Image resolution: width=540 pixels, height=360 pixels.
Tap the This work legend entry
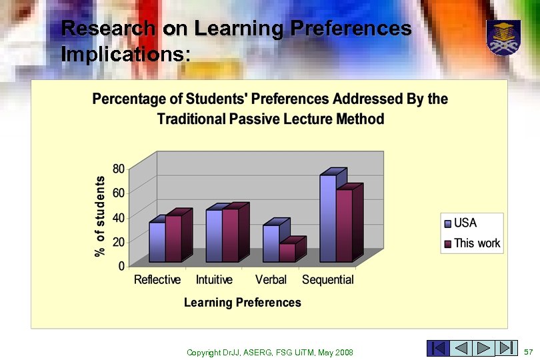pos(477,243)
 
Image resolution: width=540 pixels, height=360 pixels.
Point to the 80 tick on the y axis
pos(117,168)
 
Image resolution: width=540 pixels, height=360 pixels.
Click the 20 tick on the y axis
pos(117,241)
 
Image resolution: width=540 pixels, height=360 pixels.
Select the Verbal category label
pos(271,279)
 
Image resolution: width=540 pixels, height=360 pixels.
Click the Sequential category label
pos(328,279)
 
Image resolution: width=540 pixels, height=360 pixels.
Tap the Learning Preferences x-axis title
pos(242,303)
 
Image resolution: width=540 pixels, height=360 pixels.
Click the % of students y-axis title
pos(100,216)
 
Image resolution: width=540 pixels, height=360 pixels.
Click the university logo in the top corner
pos(503,37)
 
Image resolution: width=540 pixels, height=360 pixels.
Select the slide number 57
pos(529,351)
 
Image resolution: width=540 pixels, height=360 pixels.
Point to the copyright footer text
pos(269,352)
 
